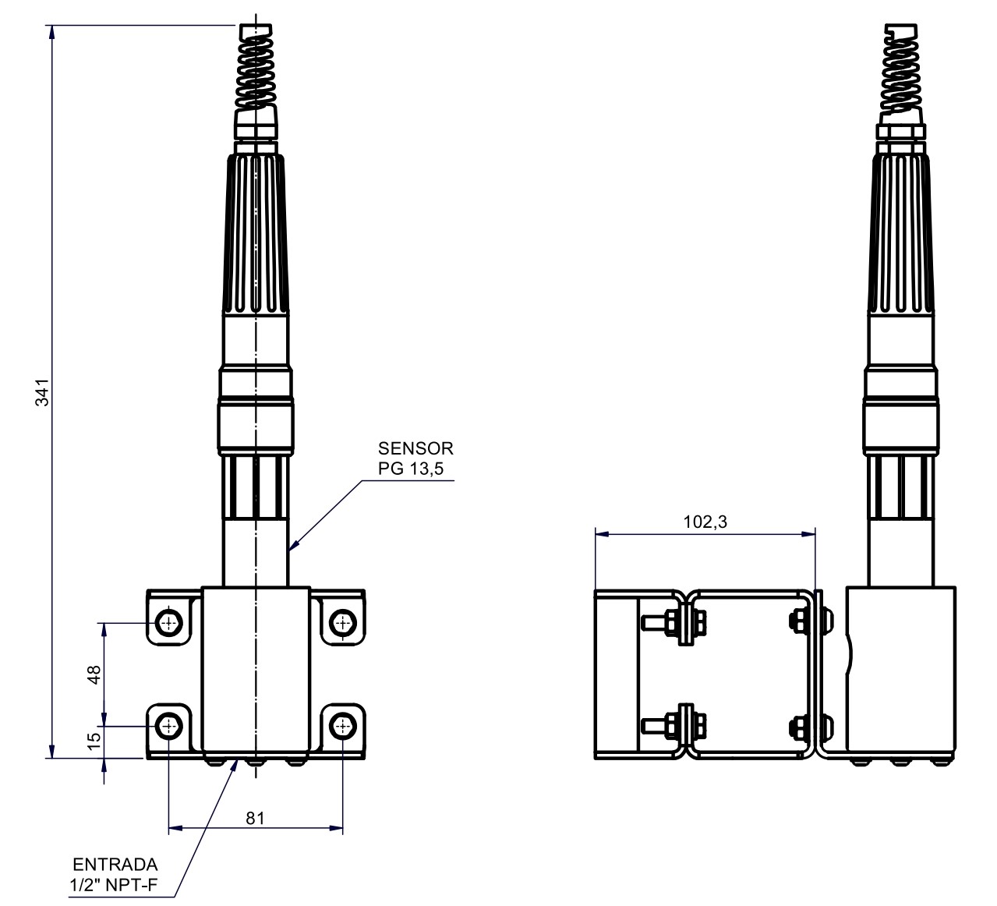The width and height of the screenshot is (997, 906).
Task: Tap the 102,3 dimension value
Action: click(x=705, y=522)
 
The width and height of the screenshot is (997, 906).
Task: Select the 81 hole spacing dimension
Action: click(x=256, y=818)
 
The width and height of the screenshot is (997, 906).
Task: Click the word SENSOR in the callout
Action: click(x=415, y=449)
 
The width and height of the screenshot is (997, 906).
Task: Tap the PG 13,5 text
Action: click(x=410, y=468)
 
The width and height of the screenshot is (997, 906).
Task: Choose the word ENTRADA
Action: click(x=115, y=865)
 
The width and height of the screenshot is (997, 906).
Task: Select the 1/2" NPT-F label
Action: click(x=115, y=884)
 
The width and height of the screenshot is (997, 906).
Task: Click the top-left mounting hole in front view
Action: click(x=169, y=622)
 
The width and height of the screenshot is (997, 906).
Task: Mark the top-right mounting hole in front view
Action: click(x=342, y=622)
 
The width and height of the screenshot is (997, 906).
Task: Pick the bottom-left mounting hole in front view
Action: click(x=169, y=726)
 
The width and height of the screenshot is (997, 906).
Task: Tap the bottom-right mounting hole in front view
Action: click(x=342, y=726)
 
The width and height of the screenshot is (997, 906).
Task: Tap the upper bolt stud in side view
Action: click(x=655, y=622)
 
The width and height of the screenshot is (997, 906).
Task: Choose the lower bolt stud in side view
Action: click(x=655, y=726)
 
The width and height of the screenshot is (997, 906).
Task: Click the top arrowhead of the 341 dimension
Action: click(x=51, y=31)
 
